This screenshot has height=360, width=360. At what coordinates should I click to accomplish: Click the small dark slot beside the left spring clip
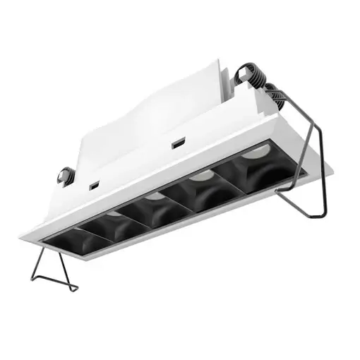(92, 185)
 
